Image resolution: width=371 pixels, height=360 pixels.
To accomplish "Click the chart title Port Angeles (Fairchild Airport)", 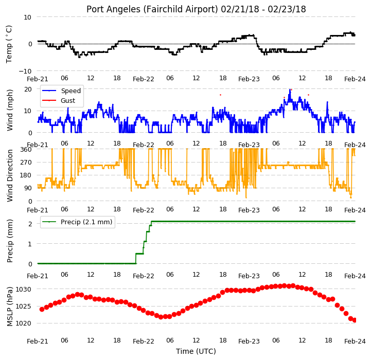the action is tap(152, 9).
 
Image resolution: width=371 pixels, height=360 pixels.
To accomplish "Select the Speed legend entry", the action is tap(61, 91).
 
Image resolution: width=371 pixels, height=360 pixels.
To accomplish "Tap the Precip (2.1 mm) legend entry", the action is tap(77, 222).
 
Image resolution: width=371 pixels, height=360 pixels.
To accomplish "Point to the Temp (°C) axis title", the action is tap(9, 44).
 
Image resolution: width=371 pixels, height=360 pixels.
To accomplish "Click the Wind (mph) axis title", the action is tap(9, 110).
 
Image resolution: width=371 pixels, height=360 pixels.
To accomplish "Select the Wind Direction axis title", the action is tap(9, 175).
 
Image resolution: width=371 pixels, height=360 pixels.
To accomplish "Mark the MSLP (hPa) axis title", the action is tap(9, 307).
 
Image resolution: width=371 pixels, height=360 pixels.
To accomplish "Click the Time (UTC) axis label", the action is tap(196, 351).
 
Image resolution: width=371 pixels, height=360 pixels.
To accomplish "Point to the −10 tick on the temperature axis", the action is tap(25, 71).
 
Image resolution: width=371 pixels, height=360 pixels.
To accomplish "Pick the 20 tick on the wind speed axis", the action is tap(28, 89).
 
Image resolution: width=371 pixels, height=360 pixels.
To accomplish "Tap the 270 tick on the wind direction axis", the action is tap(26, 163).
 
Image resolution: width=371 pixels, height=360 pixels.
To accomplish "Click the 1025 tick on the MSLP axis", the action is tap(23, 307).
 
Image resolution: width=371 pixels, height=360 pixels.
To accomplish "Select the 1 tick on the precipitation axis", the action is tap(30, 244).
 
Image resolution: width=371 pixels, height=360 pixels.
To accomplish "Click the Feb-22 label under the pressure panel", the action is tap(144, 341).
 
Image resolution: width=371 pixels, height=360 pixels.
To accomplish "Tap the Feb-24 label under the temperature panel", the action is tap(355, 79).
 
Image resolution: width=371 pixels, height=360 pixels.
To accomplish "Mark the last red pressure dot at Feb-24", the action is tap(355, 320).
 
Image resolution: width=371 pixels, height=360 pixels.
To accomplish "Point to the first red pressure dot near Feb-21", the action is tap(42, 309).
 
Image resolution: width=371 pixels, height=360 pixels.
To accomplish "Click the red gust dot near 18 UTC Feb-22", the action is tap(221, 95).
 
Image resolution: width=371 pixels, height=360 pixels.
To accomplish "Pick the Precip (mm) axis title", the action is tap(9, 241).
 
